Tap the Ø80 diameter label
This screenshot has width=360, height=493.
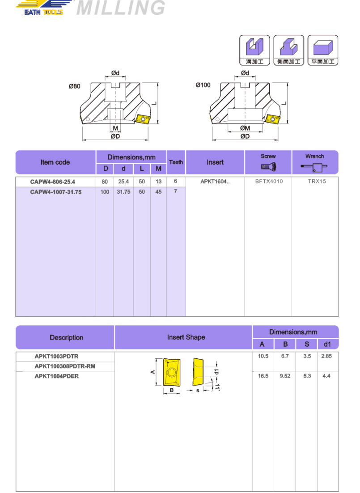tap(75, 86)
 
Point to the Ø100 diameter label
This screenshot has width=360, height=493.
tap(203, 85)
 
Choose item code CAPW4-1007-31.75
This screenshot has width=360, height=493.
tap(55, 191)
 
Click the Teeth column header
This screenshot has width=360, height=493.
tap(176, 162)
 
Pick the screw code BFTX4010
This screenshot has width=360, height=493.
tap(269, 182)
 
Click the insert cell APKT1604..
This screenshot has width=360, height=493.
tap(215, 182)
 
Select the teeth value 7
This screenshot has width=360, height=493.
tap(176, 191)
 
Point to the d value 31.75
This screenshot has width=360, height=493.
tap(123, 191)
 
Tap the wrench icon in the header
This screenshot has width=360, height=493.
tap(314, 168)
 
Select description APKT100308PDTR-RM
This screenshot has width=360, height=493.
tap(65, 366)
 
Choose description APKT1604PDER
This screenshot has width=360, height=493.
tap(57, 376)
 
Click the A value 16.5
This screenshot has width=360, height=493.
tap(263, 376)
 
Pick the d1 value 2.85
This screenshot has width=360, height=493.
tap(326, 357)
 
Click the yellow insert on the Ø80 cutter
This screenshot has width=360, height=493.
tap(143, 119)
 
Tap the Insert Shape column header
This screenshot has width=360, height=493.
tap(186, 337)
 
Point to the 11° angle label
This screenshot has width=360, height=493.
tap(217, 387)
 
